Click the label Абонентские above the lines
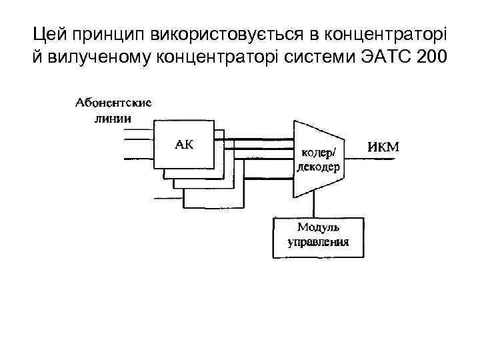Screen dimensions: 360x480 (x=113, y=103)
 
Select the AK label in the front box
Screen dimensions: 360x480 (x=185, y=144)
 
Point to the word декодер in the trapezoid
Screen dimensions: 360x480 (x=318, y=167)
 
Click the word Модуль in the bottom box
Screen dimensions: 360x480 (x=318, y=229)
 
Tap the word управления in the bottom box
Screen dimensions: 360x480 (x=318, y=242)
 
